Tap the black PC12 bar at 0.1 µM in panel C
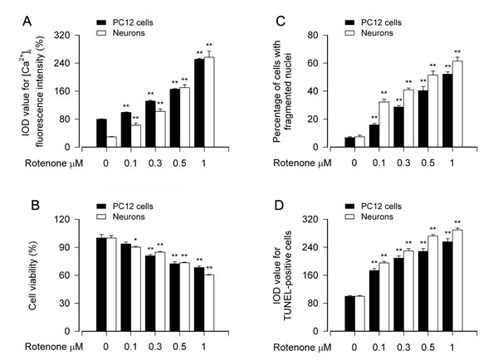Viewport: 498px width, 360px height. pos(351,136)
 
